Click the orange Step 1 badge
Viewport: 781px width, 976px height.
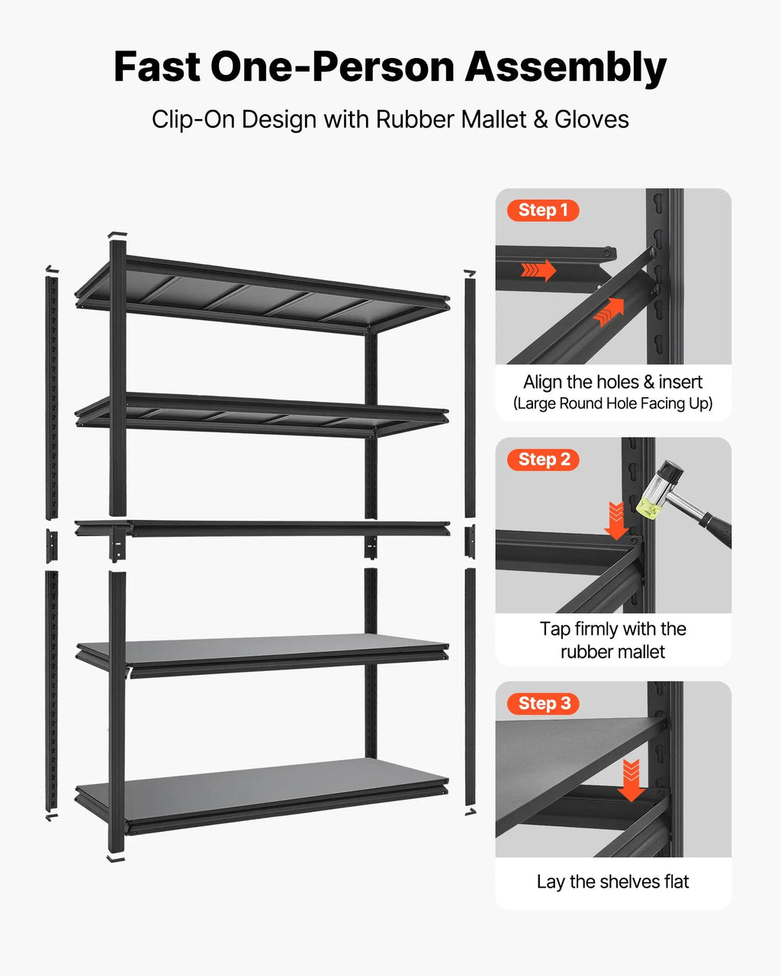543,210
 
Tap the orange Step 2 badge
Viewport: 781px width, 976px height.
543,460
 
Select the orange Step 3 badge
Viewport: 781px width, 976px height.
543,704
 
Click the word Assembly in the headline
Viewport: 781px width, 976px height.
565,68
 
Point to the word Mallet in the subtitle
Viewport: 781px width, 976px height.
493,120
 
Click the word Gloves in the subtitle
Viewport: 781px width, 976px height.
592,120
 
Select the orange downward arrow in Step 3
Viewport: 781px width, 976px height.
631,781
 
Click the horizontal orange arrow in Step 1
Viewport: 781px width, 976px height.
538,270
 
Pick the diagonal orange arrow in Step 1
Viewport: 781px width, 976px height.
609,312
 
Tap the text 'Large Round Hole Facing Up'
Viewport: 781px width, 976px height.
612,403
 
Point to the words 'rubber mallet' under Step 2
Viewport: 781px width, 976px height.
612,652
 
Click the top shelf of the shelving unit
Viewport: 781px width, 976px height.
262,296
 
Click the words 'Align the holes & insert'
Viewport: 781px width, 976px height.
612,382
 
